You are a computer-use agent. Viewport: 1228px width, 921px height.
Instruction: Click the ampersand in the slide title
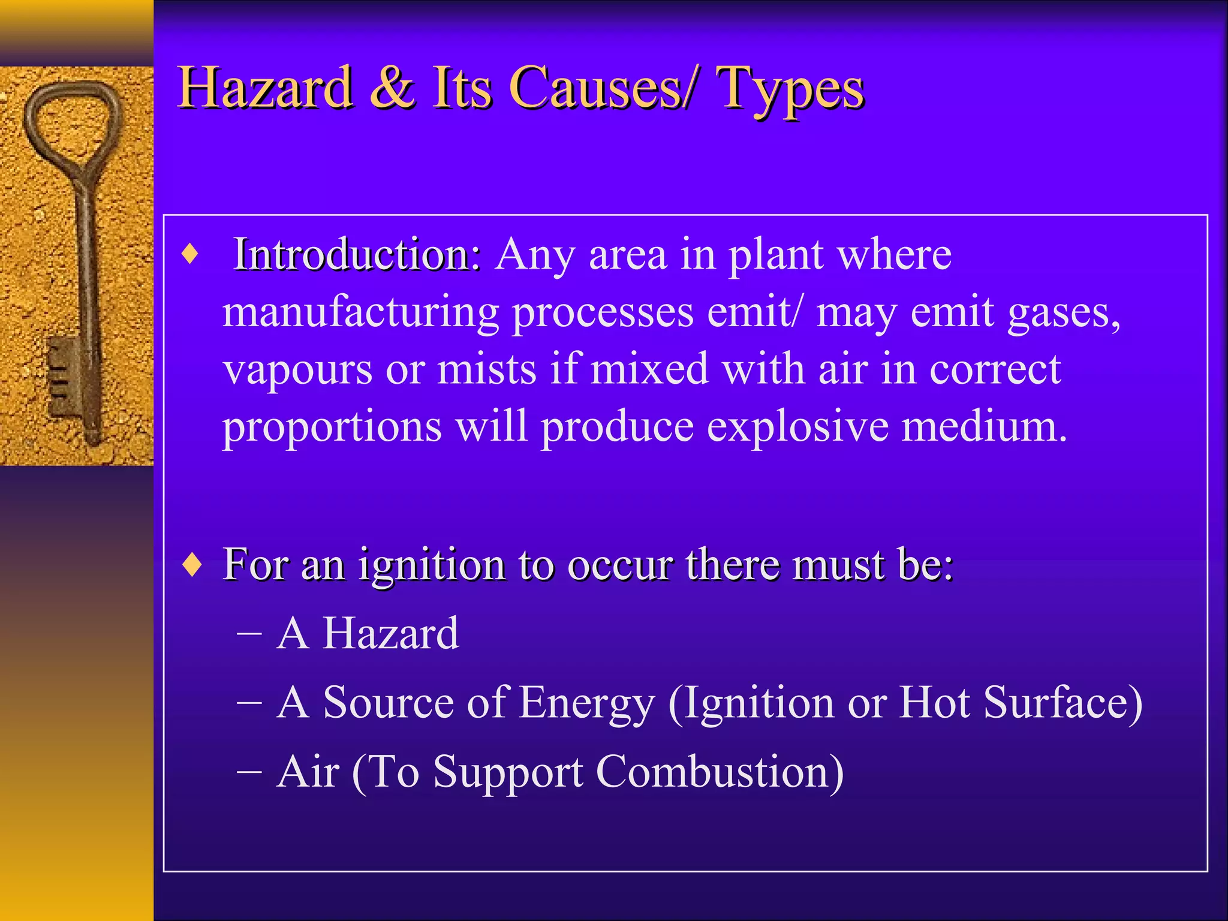(x=392, y=88)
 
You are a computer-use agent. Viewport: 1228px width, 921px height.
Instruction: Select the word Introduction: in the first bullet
(x=357, y=254)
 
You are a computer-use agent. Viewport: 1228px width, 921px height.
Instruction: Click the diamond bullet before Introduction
(x=190, y=254)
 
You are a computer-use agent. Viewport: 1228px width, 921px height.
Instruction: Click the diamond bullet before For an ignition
(x=192, y=565)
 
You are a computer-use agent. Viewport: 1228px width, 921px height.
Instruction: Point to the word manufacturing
(x=360, y=313)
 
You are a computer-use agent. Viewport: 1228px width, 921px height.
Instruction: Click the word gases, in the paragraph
(x=1064, y=313)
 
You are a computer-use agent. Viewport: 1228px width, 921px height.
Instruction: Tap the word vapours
(x=297, y=370)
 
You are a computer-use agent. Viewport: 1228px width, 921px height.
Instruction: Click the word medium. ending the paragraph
(x=985, y=427)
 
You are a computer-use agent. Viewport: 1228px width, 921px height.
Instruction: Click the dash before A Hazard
(x=249, y=634)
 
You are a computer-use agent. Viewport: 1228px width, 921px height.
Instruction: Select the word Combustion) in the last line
(x=720, y=772)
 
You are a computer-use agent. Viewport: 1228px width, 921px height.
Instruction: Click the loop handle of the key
(x=72, y=123)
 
